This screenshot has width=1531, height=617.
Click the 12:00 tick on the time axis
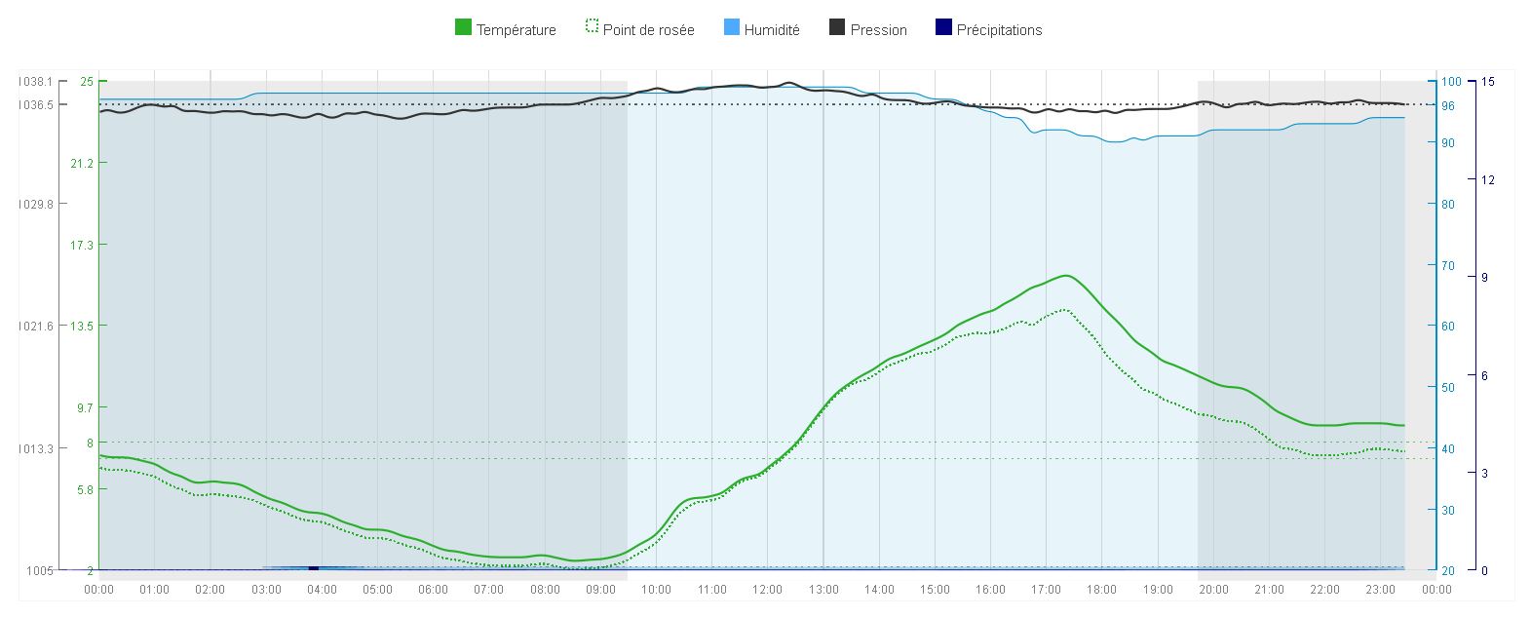[767, 590]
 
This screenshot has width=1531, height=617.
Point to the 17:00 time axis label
[1046, 590]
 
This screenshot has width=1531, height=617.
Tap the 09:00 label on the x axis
[600, 590]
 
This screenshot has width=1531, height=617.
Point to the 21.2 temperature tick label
[81, 163]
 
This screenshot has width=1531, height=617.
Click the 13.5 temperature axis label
[81, 326]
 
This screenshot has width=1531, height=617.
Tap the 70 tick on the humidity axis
[1448, 265]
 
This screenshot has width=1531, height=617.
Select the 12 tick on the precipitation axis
[1487, 179]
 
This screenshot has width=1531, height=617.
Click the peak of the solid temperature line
[1067, 276]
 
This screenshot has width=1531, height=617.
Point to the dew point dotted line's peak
[1063, 310]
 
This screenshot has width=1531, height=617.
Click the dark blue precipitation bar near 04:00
[313, 567]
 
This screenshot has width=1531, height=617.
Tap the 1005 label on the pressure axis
[39, 570]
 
